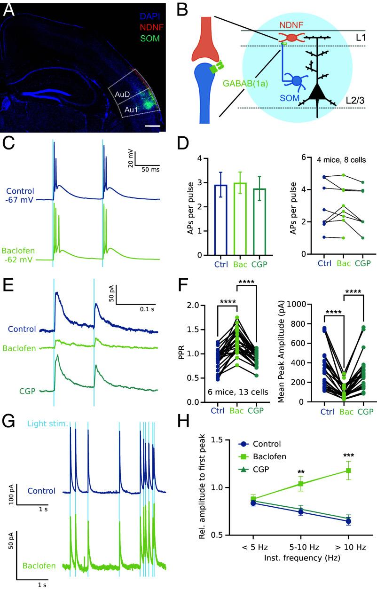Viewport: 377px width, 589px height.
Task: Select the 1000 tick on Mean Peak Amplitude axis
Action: tap(296, 305)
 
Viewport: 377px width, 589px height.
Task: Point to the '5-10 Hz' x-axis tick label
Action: tap(300, 548)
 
